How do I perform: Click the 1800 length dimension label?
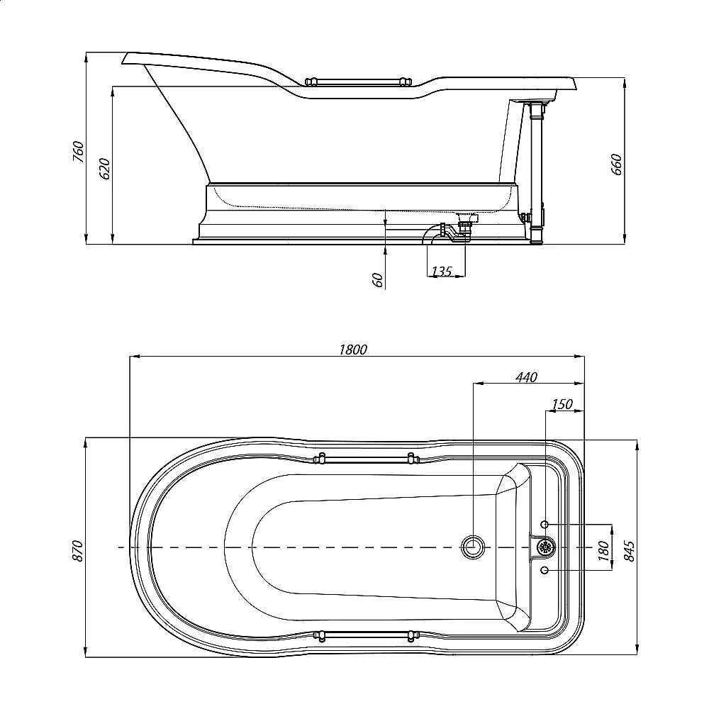pyautogui.click(x=353, y=350)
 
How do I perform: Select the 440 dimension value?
pyautogui.click(x=527, y=377)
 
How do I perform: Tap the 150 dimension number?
pyautogui.click(x=562, y=404)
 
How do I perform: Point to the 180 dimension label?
pyautogui.click(x=603, y=551)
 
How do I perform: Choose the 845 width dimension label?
pyautogui.click(x=629, y=551)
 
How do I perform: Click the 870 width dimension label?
pyautogui.click(x=78, y=551)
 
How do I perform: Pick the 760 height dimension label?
pyautogui.click(x=78, y=152)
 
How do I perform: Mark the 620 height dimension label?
pyautogui.click(x=104, y=169)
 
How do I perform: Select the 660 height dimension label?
pyautogui.click(x=616, y=164)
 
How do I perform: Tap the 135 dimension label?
pyautogui.click(x=442, y=272)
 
